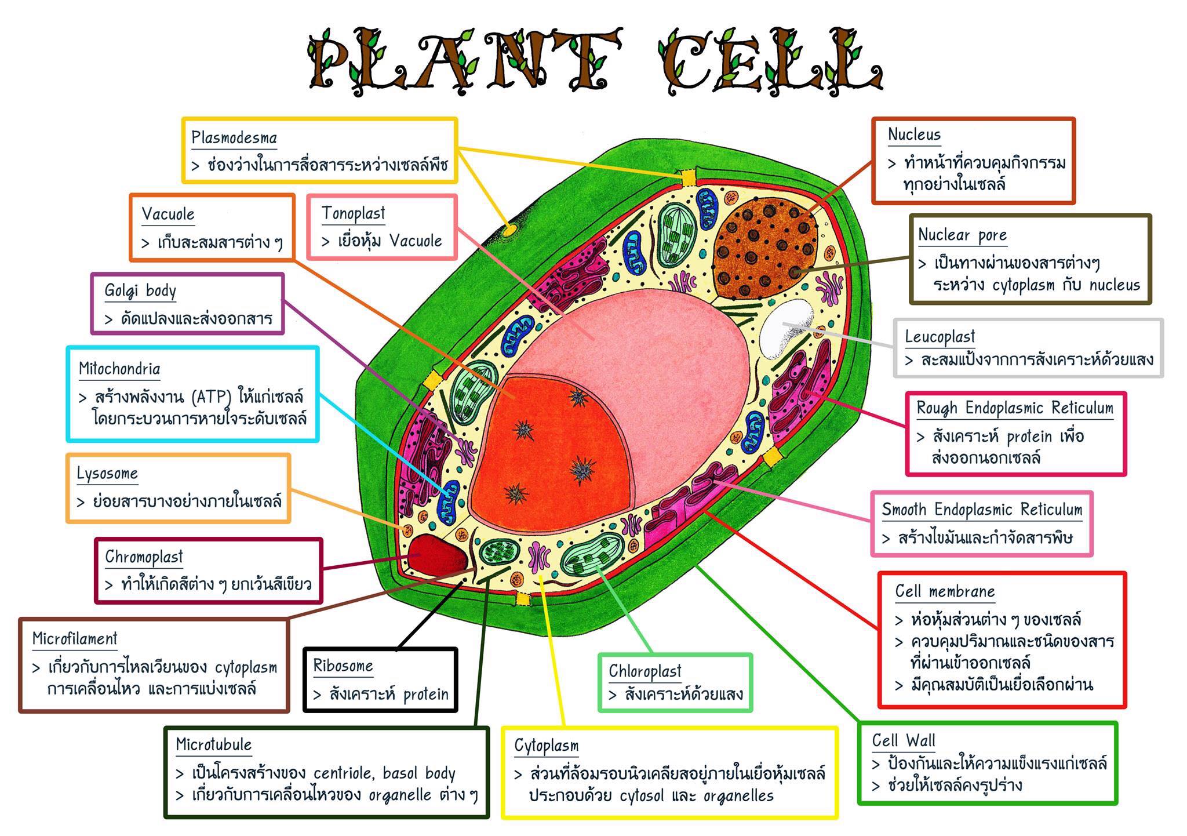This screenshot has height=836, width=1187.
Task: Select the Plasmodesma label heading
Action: pos(234,138)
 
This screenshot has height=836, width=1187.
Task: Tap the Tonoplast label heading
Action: pos(354,214)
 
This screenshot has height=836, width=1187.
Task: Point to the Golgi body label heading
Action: pos(140,290)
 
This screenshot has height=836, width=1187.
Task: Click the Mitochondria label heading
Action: pos(119,369)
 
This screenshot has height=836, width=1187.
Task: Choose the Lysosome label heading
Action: pos(107,474)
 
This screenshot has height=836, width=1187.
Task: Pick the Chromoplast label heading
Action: pos(144,557)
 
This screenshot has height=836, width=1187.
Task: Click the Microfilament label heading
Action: pos(75,639)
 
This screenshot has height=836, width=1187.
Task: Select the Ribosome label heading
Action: pos(343,666)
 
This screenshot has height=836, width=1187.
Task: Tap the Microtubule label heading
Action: pos(214,744)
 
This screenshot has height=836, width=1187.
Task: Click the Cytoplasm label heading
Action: pos(547,746)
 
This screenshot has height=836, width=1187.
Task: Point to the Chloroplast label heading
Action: pos(645,671)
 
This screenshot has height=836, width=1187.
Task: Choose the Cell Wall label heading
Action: pos(904,740)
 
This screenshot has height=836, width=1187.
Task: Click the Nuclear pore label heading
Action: pos(963,235)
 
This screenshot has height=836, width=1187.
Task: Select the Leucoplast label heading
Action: pos(940,337)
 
